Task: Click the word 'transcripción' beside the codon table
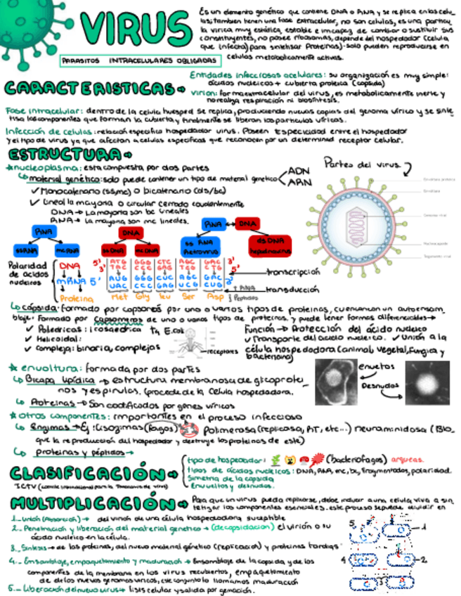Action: coord(293,272)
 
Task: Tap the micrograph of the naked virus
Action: coord(427,384)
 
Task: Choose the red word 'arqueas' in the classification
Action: coord(410,458)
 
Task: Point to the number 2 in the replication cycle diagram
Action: coord(424,560)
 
